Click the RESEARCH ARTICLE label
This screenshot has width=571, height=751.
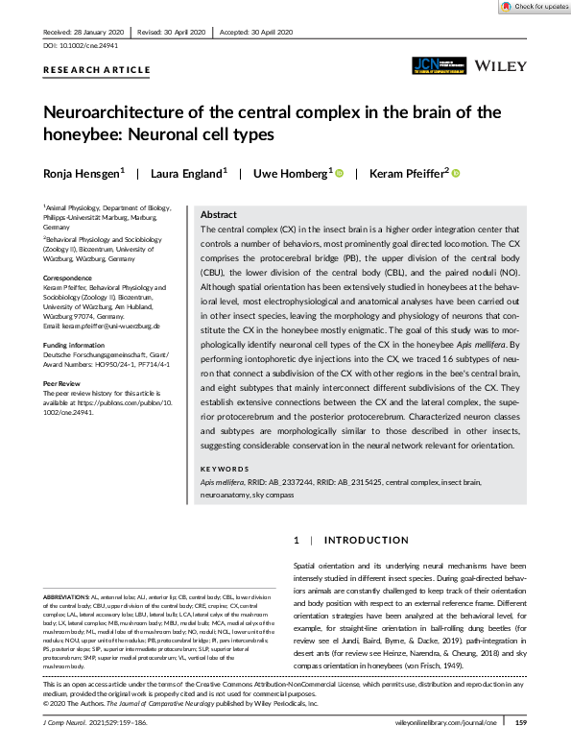(x=97, y=70)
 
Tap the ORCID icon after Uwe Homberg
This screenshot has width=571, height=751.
(x=340, y=173)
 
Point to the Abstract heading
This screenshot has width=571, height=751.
(x=220, y=215)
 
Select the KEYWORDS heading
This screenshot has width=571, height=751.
(x=226, y=470)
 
